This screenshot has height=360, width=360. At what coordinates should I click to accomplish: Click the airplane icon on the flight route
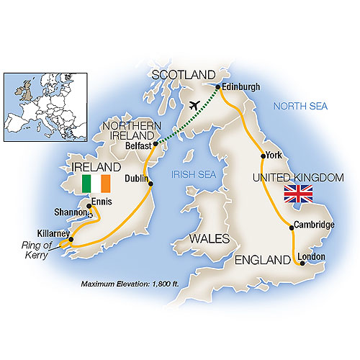click(192, 105)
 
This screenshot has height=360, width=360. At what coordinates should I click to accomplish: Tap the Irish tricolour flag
click(95, 184)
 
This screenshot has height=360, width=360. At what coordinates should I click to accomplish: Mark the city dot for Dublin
click(150, 184)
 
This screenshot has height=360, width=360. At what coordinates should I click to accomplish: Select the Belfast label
click(136, 144)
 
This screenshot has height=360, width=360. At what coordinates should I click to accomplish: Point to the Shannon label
click(71, 213)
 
